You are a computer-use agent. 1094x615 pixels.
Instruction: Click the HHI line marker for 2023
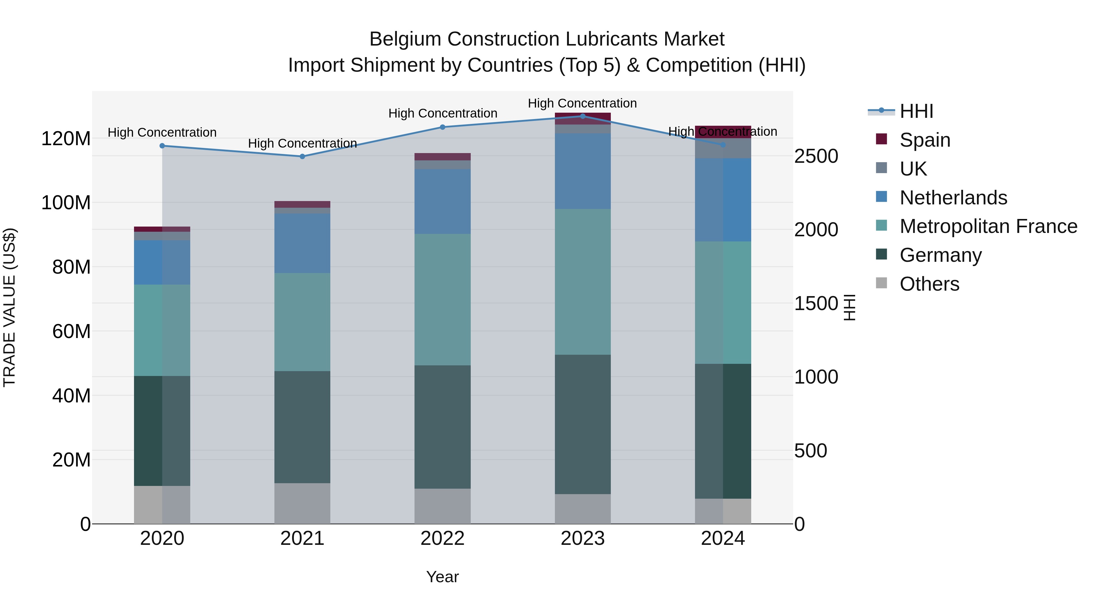pos(583,116)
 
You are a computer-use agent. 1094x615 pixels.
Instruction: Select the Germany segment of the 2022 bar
pos(442,427)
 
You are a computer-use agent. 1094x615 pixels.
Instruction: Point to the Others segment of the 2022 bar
pos(442,506)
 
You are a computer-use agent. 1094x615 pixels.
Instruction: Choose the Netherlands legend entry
pos(953,198)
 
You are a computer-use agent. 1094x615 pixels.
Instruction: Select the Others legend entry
pos(929,284)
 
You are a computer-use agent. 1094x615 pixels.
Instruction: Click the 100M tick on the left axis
pos(66,203)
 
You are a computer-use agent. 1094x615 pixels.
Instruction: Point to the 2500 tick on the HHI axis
pos(816,156)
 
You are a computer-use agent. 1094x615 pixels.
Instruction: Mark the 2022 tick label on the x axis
pos(442,538)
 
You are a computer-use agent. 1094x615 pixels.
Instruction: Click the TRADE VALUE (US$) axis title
pos(10,307)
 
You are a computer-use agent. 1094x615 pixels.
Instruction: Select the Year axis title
pos(442,577)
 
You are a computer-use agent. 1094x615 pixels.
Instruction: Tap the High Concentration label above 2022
pos(442,113)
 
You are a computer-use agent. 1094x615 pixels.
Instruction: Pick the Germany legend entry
pos(940,255)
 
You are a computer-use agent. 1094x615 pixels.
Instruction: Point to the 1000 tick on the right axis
pos(816,377)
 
